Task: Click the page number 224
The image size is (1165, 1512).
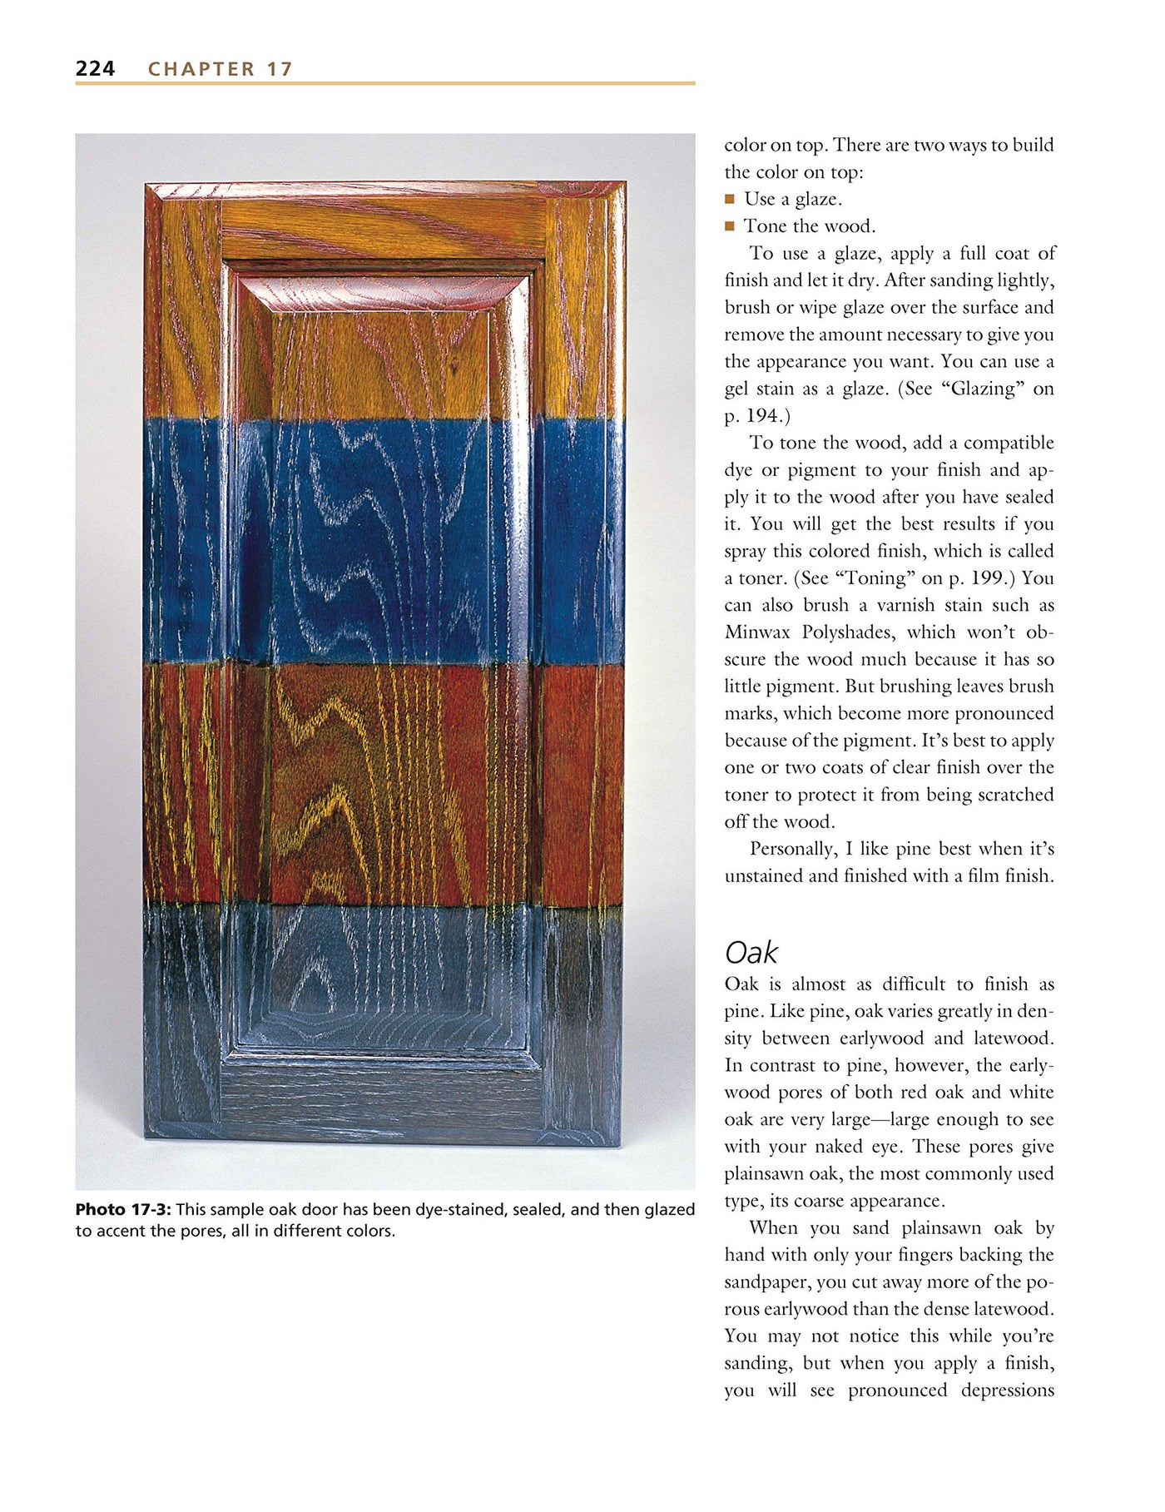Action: (95, 68)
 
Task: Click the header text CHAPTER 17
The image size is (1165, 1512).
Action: (221, 69)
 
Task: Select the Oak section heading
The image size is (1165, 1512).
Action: (751, 952)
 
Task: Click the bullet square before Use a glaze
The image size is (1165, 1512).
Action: (730, 199)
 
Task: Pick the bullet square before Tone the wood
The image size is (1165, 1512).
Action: (730, 226)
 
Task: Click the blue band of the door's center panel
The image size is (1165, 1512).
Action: (383, 541)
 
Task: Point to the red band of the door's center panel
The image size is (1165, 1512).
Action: (383, 782)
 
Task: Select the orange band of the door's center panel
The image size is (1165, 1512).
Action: (383, 358)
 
